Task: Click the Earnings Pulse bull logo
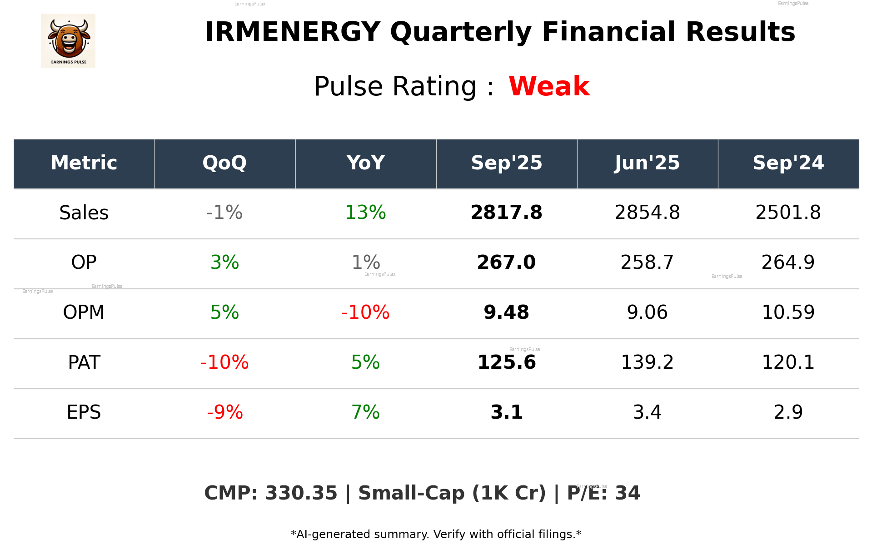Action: click(68, 40)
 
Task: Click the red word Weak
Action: click(549, 86)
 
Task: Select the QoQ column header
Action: click(224, 163)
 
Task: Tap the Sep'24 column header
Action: click(788, 163)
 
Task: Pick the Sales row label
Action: click(84, 213)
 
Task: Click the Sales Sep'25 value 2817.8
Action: click(506, 213)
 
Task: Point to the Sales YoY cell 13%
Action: click(365, 213)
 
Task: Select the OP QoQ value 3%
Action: click(224, 262)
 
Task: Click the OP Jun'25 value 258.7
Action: click(647, 262)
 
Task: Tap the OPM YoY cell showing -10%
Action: click(365, 312)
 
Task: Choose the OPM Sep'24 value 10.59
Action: click(788, 312)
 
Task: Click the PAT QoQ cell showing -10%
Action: click(224, 362)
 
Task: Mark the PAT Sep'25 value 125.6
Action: click(506, 362)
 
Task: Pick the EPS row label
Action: click(84, 412)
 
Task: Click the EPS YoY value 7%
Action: click(365, 412)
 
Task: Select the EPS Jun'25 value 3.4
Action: click(647, 412)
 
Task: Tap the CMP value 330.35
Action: click(301, 493)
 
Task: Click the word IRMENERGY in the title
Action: click(292, 32)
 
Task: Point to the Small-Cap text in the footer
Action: click(411, 493)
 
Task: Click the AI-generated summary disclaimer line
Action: click(436, 534)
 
